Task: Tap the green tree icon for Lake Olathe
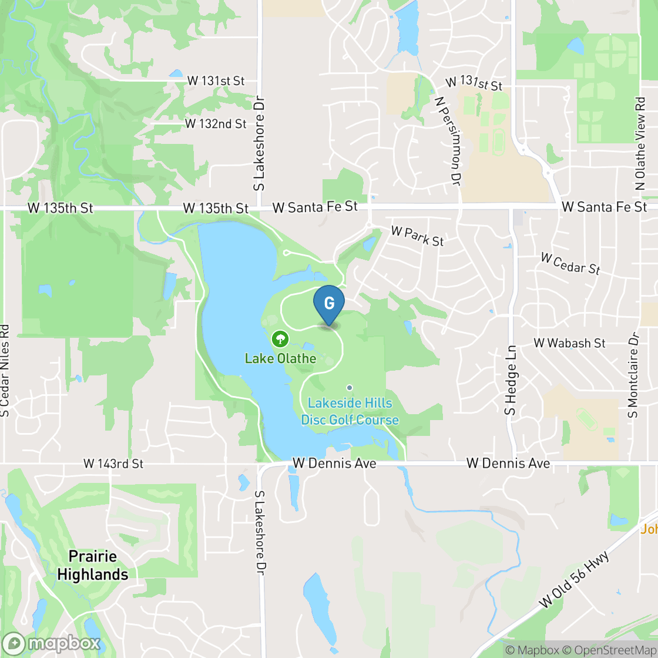pyautogui.click(x=280, y=338)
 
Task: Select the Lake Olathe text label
pyautogui.click(x=280, y=358)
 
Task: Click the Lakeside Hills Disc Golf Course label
pyautogui.click(x=350, y=412)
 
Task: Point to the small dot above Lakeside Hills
pyautogui.click(x=350, y=388)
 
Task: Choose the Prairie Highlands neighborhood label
pyautogui.click(x=93, y=565)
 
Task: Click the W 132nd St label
pyautogui.click(x=216, y=124)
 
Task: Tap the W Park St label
pyautogui.click(x=417, y=237)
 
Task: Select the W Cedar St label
pyautogui.click(x=570, y=263)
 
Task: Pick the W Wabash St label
pyautogui.click(x=569, y=343)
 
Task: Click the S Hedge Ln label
pyautogui.click(x=511, y=380)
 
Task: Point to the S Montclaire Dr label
pyautogui.click(x=633, y=375)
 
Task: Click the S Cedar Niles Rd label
pyautogui.click(x=6, y=370)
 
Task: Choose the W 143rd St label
pyautogui.click(x=113, y=464)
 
